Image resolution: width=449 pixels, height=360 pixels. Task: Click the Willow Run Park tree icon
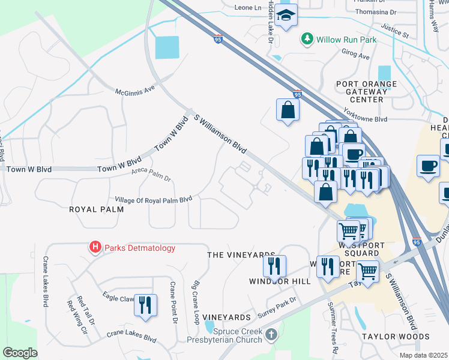(x=307, y=40)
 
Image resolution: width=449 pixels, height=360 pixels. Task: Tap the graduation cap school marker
(x=287, y=16)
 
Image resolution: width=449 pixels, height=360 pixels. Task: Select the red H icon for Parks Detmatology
(x=94, y=247)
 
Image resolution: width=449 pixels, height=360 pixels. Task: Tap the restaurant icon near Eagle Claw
(x=145, y=305)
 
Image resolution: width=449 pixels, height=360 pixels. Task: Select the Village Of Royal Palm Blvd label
(x=153, y=199)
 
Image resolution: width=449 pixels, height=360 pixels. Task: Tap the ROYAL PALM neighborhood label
(x=96, y=209)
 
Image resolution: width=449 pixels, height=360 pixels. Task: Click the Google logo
(x=20, y=353)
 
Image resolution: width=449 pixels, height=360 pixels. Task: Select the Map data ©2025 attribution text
(x=423, y=355)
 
